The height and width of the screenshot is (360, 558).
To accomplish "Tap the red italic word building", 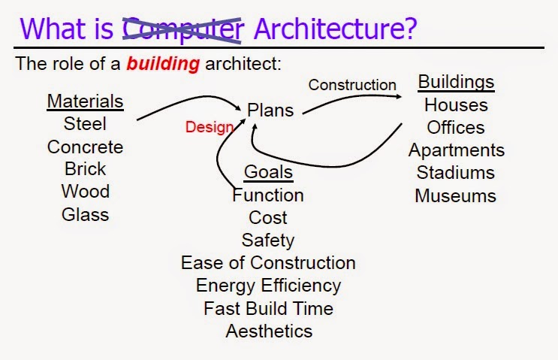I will tap(163, 64).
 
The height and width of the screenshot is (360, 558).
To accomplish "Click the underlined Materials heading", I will tap(85, 101).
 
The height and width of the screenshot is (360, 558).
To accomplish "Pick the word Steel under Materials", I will tap(85, 124).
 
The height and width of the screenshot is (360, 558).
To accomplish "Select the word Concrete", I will tap(85, 147).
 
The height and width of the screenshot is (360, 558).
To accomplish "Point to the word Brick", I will tap(85, 169).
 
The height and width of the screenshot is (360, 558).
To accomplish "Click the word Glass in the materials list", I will tap(85, 214).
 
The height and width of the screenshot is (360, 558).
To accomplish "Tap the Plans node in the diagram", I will tap(270, 110).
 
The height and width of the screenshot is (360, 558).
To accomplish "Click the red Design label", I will tap(210, 127).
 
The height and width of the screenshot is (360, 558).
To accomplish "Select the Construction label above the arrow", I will tap(351, 85).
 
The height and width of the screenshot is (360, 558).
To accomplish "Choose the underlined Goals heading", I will tap(268, 172).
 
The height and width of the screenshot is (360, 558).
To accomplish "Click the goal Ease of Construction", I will tap(268, 263).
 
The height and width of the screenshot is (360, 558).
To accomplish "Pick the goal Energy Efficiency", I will tap(268, 286).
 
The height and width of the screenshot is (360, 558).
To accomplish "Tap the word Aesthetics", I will tap(268, 331).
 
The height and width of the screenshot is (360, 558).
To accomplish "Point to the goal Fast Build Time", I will tap(268, 308).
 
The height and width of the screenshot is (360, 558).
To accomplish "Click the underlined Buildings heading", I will tap(456, 81).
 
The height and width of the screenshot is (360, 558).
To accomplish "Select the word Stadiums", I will tap(456, 173).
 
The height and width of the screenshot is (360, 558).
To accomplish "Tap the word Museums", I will tap(456, 196).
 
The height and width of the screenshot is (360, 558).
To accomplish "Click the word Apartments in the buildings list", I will tap(456, 150).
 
